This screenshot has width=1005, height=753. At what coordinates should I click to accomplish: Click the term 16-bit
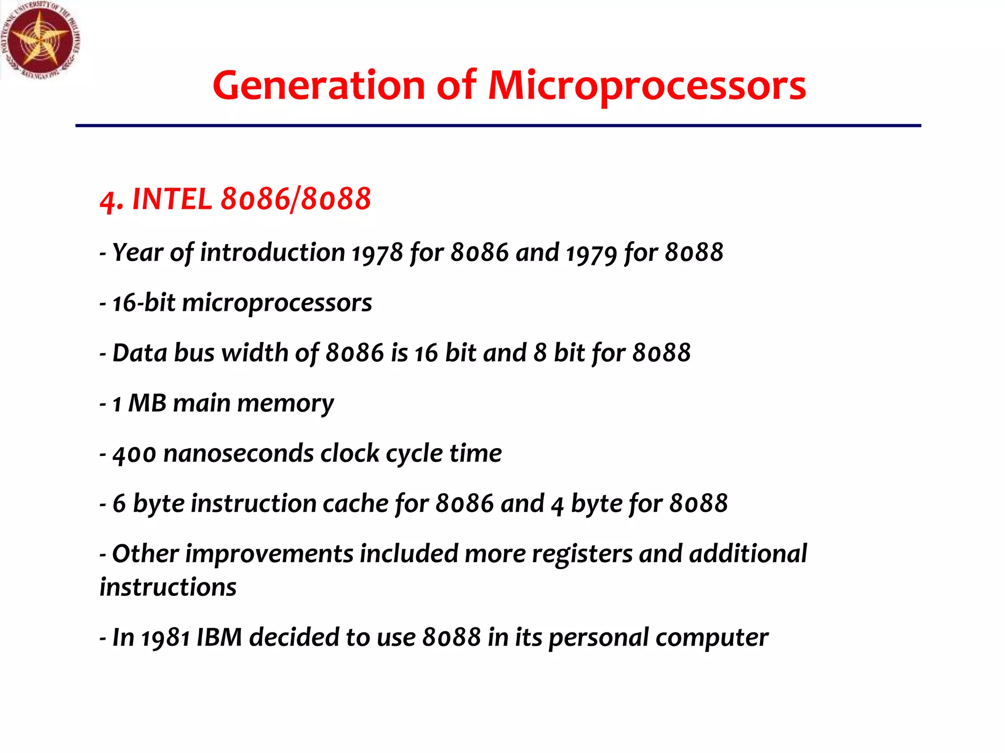pos(144,302)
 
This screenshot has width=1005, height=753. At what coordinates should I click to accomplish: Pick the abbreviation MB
pos(147,403)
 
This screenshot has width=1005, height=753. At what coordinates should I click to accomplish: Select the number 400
pos(134,454)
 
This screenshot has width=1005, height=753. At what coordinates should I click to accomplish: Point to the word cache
pos(355,504)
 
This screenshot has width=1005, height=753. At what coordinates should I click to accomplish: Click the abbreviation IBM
pos(219,638)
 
